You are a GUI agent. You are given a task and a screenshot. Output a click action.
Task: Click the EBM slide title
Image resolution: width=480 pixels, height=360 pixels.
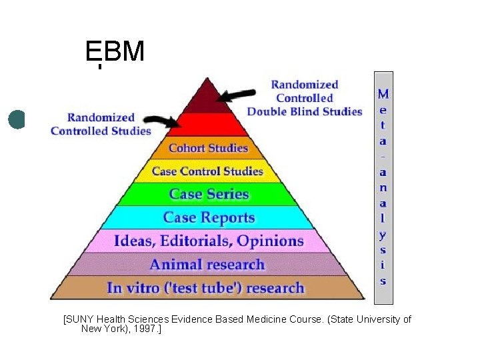pos(115,51)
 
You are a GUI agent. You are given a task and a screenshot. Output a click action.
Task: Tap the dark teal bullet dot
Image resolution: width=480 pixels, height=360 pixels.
pos(17,120)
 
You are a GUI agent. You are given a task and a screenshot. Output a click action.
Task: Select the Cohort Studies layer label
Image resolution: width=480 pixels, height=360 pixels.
pos(208,148)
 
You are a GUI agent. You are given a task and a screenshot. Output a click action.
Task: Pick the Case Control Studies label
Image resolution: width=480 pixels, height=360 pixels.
pos(207,171)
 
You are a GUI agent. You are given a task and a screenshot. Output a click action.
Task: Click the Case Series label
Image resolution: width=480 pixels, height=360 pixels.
pos(209,194)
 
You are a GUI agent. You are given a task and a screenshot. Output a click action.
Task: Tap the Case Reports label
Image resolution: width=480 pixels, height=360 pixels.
pos(209,217)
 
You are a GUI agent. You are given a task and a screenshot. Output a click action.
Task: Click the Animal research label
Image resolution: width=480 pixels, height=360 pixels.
pos(207,264)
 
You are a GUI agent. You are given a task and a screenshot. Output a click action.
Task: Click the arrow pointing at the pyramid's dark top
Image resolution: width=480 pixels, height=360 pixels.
pos(237,95)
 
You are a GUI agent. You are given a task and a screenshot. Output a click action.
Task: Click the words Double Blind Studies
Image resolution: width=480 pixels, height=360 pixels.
pos(305,111)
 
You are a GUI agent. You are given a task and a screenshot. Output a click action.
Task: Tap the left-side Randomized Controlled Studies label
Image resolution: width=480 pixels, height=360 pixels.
pos(101,124)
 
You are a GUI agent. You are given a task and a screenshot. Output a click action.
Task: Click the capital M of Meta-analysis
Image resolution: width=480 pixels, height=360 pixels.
pos(383,94)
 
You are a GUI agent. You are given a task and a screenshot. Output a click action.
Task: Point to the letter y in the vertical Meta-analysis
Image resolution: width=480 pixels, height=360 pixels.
pos(383,234)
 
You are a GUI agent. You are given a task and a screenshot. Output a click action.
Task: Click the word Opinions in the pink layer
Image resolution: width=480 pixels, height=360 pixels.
pos(270,241)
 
